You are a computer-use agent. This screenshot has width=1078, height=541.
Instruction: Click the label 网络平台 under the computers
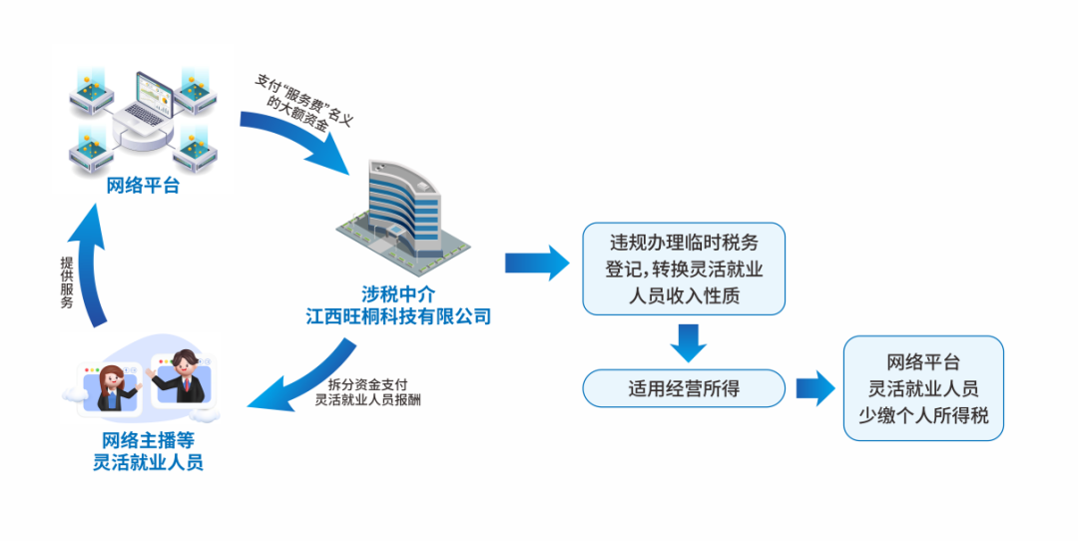click(143, 185)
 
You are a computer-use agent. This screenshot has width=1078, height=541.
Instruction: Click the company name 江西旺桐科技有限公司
click(399, 316)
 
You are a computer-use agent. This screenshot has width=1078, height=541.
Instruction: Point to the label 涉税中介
click(399, 294)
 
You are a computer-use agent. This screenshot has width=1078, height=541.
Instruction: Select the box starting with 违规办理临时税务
click(684, 269)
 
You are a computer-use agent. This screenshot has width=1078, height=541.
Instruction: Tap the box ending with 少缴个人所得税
click(922, 388)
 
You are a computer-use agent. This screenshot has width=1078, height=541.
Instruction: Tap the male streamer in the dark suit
click(184, 377)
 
